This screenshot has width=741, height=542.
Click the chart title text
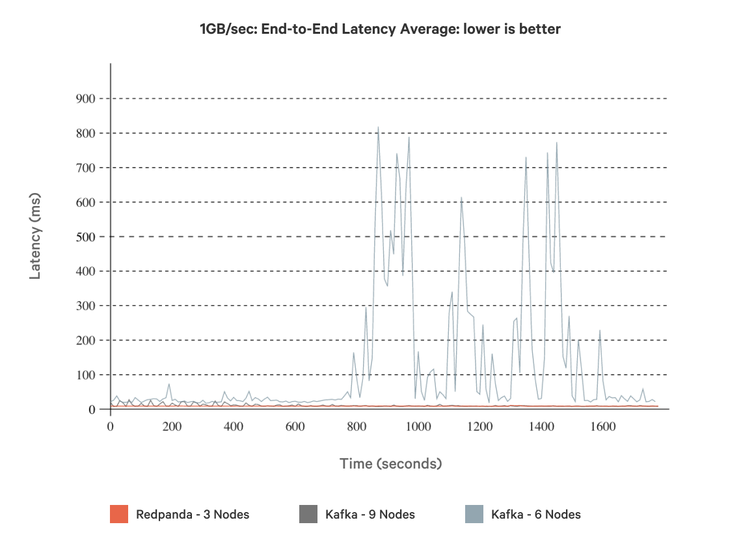pyautogui.click(x=379, y=29)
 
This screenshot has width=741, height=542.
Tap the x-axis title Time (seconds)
pyautogui.click(x=390, y=463)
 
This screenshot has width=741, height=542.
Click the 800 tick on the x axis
pyautogui.click(x=357, y=427)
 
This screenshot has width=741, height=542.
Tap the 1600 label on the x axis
pyautogui.click(x=602, y=427)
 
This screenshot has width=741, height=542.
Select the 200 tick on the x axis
pyautogui.click(x=172, y=427)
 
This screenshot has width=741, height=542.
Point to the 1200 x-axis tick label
pyautogui.click(x=479, y=427)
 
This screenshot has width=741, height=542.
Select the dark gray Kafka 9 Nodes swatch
pyautogui.click(x=308, y=514)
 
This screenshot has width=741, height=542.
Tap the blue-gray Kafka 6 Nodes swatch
pyautogui.click(x=474, y=514)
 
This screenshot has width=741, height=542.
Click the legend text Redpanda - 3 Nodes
pyautogui.click(x=193, y=515)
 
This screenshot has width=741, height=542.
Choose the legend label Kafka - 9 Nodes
pyautogui.click(x=370, y=515)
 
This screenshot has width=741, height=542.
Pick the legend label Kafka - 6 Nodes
pyautogui.click(x=536, y=515)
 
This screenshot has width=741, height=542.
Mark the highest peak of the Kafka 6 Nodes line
pyautogui.click(x=378, y=127)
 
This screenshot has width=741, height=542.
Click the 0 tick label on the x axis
pyautogui.click(x=110, y=427)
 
